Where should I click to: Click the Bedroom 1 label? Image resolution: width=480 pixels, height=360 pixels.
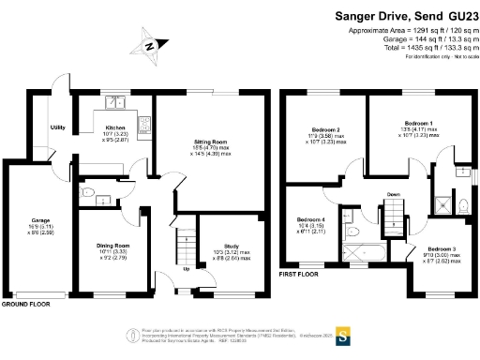point(417,123)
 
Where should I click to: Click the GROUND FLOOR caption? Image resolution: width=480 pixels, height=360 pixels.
point(26,305)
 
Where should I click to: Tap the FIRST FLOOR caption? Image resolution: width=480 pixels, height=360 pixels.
point(299,275)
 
